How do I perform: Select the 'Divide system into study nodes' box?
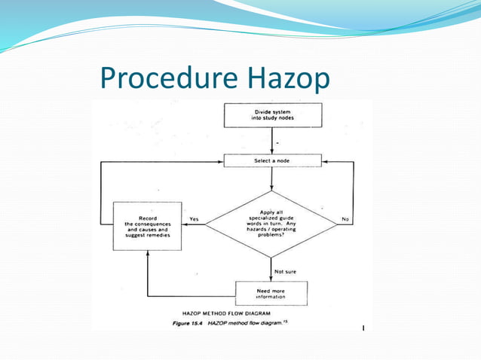click(x=273, y=115)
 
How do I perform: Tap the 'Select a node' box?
click(x=272, y=160)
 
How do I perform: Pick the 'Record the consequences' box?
click(x=147, y=224)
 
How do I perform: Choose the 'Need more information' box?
click(x=271, y=292)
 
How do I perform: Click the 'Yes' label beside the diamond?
click(x=195, y=219)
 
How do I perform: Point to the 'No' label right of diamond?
click(x=345, y=219)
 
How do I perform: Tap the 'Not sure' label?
click(x=285, y=271)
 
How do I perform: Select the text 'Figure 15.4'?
click(x=186, y=322)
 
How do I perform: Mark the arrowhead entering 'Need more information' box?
click(x=272, y=279)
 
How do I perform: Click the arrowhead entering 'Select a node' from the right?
click(x=324, y=161)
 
